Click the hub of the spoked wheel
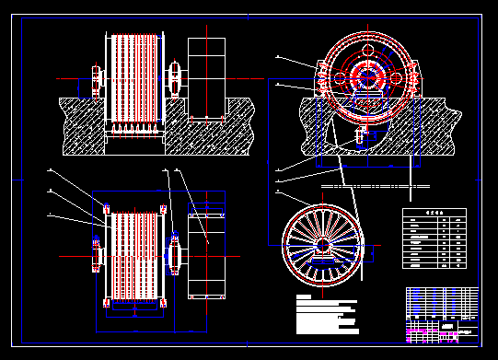tap(322, 245)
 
